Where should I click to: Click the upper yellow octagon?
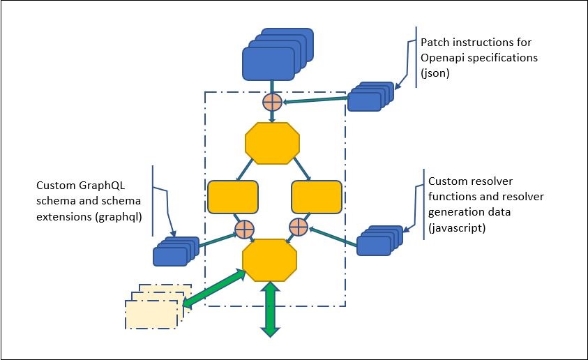(273, 143)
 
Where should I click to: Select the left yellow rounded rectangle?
(233, 197)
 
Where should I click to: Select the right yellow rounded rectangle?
(315, 197)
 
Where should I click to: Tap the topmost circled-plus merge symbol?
(272, 103)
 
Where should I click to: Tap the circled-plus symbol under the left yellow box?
(244, 229)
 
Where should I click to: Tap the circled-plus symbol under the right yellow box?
(298, 227)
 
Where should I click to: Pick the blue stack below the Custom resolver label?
(377, 241)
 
